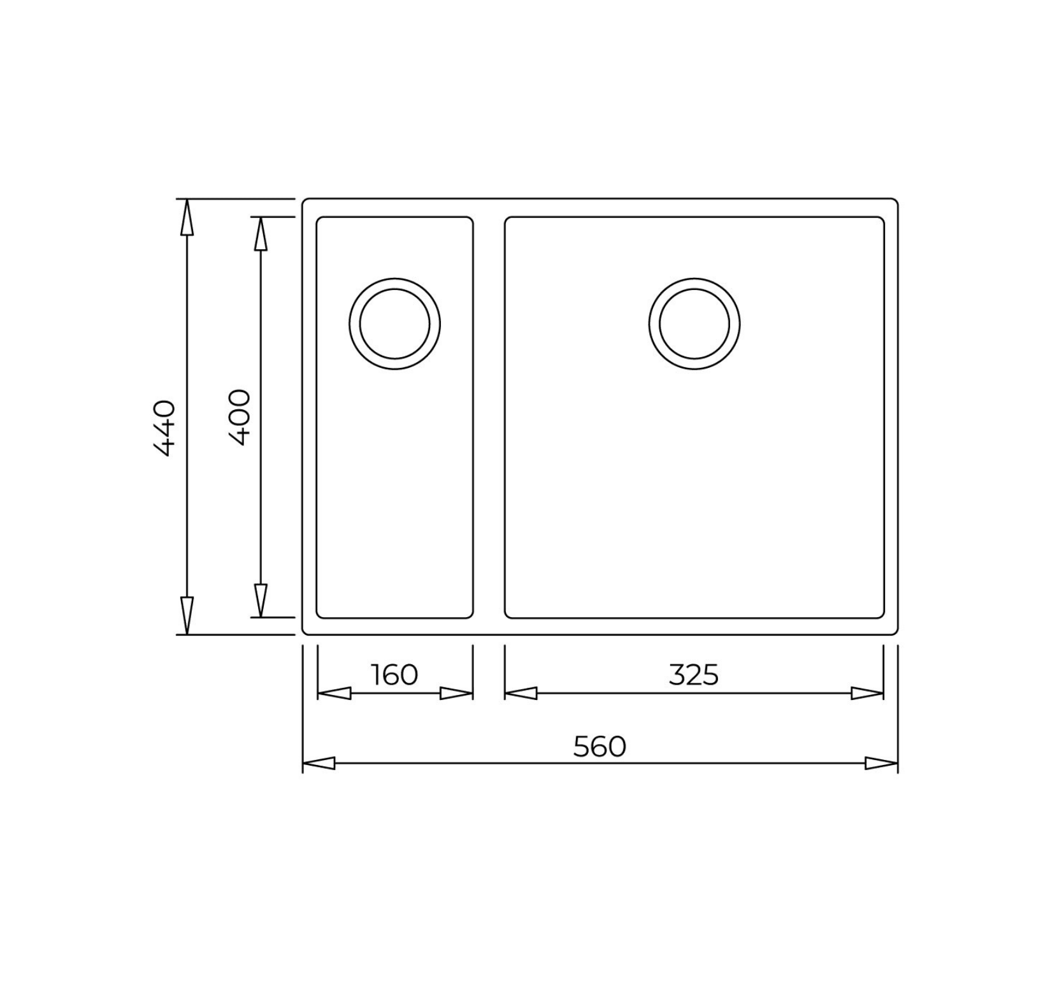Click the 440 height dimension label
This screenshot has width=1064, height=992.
click(164, 428)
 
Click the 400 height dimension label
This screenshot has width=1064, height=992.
click(240, 417)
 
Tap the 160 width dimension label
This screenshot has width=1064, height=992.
click(394, 675)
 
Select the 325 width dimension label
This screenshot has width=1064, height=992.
click(694, 675)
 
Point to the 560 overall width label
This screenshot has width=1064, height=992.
click(599, 747)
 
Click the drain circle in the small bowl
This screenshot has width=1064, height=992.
click(394, 324)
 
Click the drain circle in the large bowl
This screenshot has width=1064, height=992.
click(694, 324)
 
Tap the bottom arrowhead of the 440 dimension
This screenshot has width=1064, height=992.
click(186, 616)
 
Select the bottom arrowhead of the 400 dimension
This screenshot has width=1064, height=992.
click(260, 601)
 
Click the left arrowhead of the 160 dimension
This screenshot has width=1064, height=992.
click(333, 694)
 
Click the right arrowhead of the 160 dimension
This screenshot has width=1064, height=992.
click(456, 694)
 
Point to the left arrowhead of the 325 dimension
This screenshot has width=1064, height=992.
click(521, 694)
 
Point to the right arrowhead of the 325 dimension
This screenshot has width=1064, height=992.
click(867, 694)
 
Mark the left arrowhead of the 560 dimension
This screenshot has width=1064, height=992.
click(319, 763)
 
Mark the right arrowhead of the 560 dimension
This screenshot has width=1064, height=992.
click(881, 763)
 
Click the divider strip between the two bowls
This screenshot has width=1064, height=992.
click(489, 418)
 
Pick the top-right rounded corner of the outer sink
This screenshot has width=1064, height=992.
click(895, 202)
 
